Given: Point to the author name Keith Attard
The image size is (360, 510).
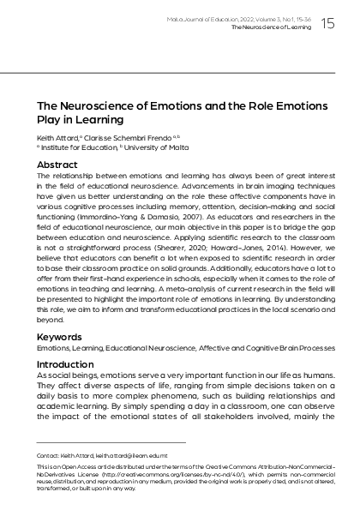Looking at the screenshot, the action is [x=56, y=136].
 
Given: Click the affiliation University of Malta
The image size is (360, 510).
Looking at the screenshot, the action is [x=149, y=147].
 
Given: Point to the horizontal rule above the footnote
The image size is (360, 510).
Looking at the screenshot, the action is [x=111, y=442].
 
